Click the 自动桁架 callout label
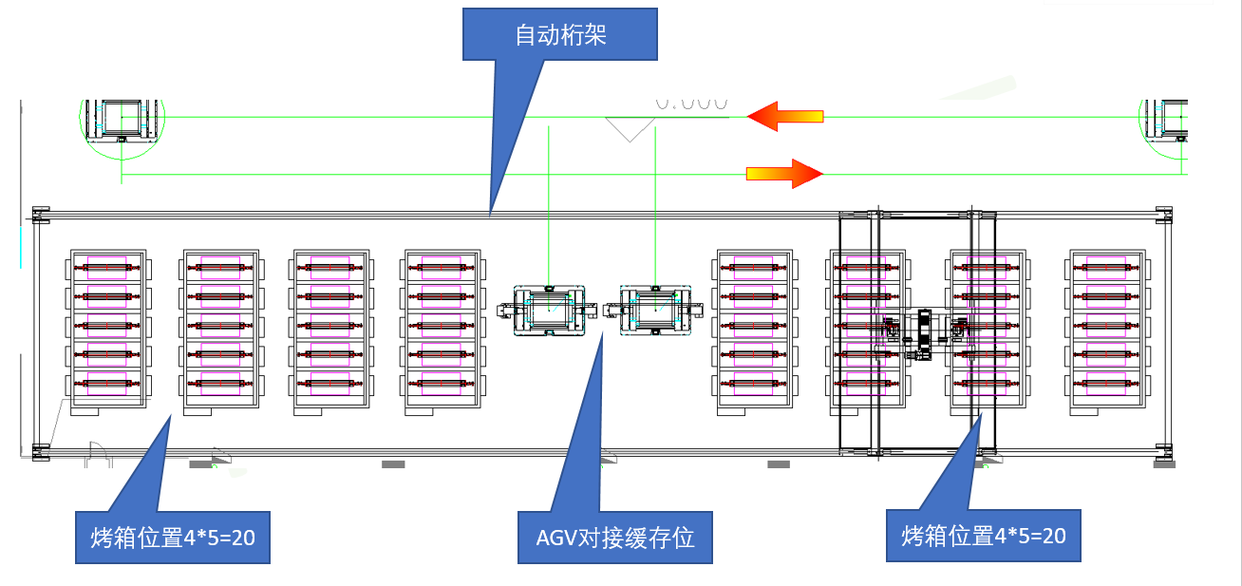pos(560,36)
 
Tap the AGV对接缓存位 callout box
pos(614,538)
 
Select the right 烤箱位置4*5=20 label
pos(983,536)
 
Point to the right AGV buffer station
pos(654,311)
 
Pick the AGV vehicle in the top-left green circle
pos(122,118)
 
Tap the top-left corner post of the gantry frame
pos(38,214)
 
